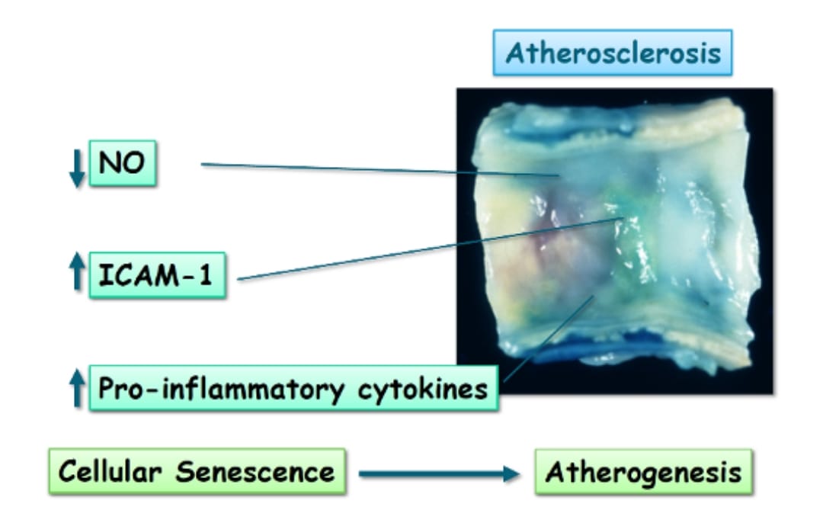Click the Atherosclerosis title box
(613, 53)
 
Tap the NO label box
(123, 163)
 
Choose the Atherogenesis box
(643, 472)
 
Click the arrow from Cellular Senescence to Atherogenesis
(438, 474)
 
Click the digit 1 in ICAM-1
(206, 275)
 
